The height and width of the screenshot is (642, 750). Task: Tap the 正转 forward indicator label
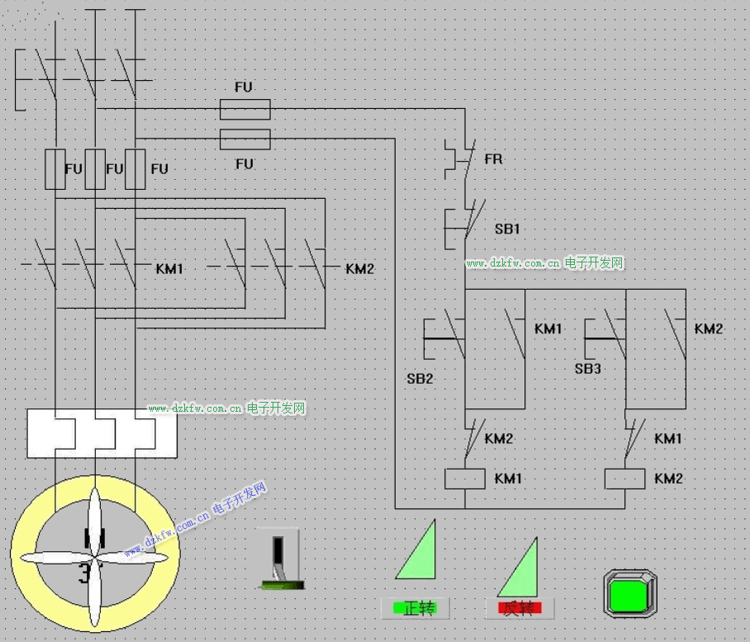pos(416,609)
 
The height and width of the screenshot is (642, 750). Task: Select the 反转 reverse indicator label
pos(520,609)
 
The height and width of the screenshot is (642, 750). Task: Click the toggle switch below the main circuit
pos(281,559)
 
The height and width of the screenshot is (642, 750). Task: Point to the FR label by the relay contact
pos(493,158)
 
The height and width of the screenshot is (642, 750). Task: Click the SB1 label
pos(507,229)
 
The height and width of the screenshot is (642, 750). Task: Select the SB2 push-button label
pos(420,379)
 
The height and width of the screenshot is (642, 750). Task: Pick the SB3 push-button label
pos(587,369)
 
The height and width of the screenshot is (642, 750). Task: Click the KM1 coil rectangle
pos(464,479)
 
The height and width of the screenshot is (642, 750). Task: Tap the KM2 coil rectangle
pos(624,479)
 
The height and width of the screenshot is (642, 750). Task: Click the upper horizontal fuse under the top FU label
pos(244,109)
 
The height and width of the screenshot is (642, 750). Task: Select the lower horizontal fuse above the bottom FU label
pos(244,139)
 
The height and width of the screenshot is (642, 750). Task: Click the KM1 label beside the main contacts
pos(170,269)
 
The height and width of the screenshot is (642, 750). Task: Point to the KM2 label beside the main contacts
pos(360,269)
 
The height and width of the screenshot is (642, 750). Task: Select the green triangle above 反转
pos(521,569)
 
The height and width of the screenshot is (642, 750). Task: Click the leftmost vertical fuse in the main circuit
pos(55,169)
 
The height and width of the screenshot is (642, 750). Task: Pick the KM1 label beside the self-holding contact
pos(548,329)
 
